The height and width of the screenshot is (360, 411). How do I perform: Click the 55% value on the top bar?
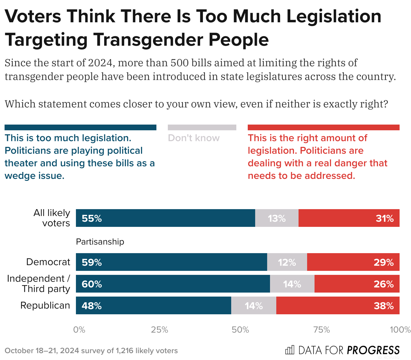pos(92,219)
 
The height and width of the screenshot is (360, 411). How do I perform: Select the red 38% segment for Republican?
pos(338,305)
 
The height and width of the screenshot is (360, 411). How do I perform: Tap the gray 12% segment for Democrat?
pos(287,262)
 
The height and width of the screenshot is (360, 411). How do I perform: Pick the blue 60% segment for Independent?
pos(173,284)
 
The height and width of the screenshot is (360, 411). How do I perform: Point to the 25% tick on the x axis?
pos(160,330)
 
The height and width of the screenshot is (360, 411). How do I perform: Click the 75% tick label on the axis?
pos(322,330)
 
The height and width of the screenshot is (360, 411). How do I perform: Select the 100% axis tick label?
pos(400,330)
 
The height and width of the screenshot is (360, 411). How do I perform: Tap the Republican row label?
pos(45,305)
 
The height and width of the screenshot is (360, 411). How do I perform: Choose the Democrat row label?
pos(48,262)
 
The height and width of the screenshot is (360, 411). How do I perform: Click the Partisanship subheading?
pos(100,242)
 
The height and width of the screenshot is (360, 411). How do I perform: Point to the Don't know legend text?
pos(194,138)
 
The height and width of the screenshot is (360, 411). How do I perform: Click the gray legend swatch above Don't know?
pos(202,127)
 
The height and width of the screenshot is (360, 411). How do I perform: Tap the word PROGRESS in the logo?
pos(373,350)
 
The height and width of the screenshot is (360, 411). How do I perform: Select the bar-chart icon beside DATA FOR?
pos(289,350)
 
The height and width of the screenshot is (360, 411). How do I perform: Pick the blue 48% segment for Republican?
pos(153,305)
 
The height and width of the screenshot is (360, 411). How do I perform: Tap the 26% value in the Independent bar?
pos(384,284)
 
